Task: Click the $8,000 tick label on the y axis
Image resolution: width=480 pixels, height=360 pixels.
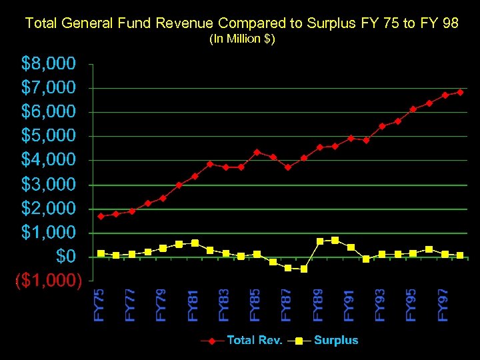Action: click(x=49, y=63)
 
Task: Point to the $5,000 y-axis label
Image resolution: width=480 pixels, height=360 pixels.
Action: click(x=49, y=136)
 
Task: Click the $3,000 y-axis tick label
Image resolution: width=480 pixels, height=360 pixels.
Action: click(x=49, y=184)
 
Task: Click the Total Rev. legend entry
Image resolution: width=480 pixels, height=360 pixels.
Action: click(x=254, y=340)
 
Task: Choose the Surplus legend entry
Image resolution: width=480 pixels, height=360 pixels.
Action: click(x=335, y=340)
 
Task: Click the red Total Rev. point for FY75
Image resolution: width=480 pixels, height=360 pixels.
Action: click(x=101, y=216)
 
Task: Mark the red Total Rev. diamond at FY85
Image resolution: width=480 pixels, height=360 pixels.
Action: click(x=257, y=152)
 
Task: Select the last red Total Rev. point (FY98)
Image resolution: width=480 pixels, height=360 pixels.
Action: click(x=460, y=92)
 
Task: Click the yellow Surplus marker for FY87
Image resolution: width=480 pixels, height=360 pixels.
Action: click(x=288, y=267)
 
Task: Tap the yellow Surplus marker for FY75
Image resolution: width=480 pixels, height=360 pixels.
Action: click(x=101, y=253)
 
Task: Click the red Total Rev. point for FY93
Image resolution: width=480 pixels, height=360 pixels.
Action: click(x=382, y=126)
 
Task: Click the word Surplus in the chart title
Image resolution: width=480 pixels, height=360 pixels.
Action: click(x=330, y=23)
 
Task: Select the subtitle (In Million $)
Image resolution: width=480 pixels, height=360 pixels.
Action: click(x=242, y=39)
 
